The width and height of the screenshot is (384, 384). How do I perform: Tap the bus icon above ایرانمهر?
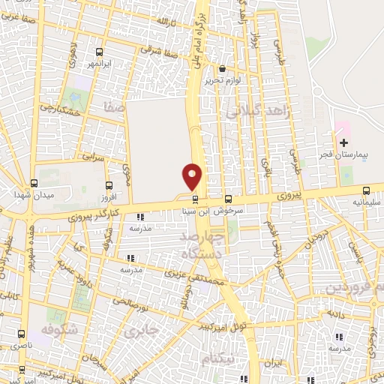(100, 52)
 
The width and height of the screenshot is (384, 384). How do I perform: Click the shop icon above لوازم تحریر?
(222, 69)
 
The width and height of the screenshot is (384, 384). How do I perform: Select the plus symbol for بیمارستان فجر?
(343, 142)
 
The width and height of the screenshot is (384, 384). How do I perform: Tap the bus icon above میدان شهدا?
(34, 183)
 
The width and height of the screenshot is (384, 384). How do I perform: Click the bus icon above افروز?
(109, 185)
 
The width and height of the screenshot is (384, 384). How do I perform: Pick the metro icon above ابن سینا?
(196, 199)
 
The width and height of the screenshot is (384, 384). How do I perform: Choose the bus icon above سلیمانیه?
(365, 190)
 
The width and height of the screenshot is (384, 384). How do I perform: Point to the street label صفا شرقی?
(160, 53)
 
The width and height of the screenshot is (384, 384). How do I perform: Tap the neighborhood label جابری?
(142, 330)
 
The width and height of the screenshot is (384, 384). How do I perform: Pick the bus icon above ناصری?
(20, 333)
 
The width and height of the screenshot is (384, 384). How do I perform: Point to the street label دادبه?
(335, 313)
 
